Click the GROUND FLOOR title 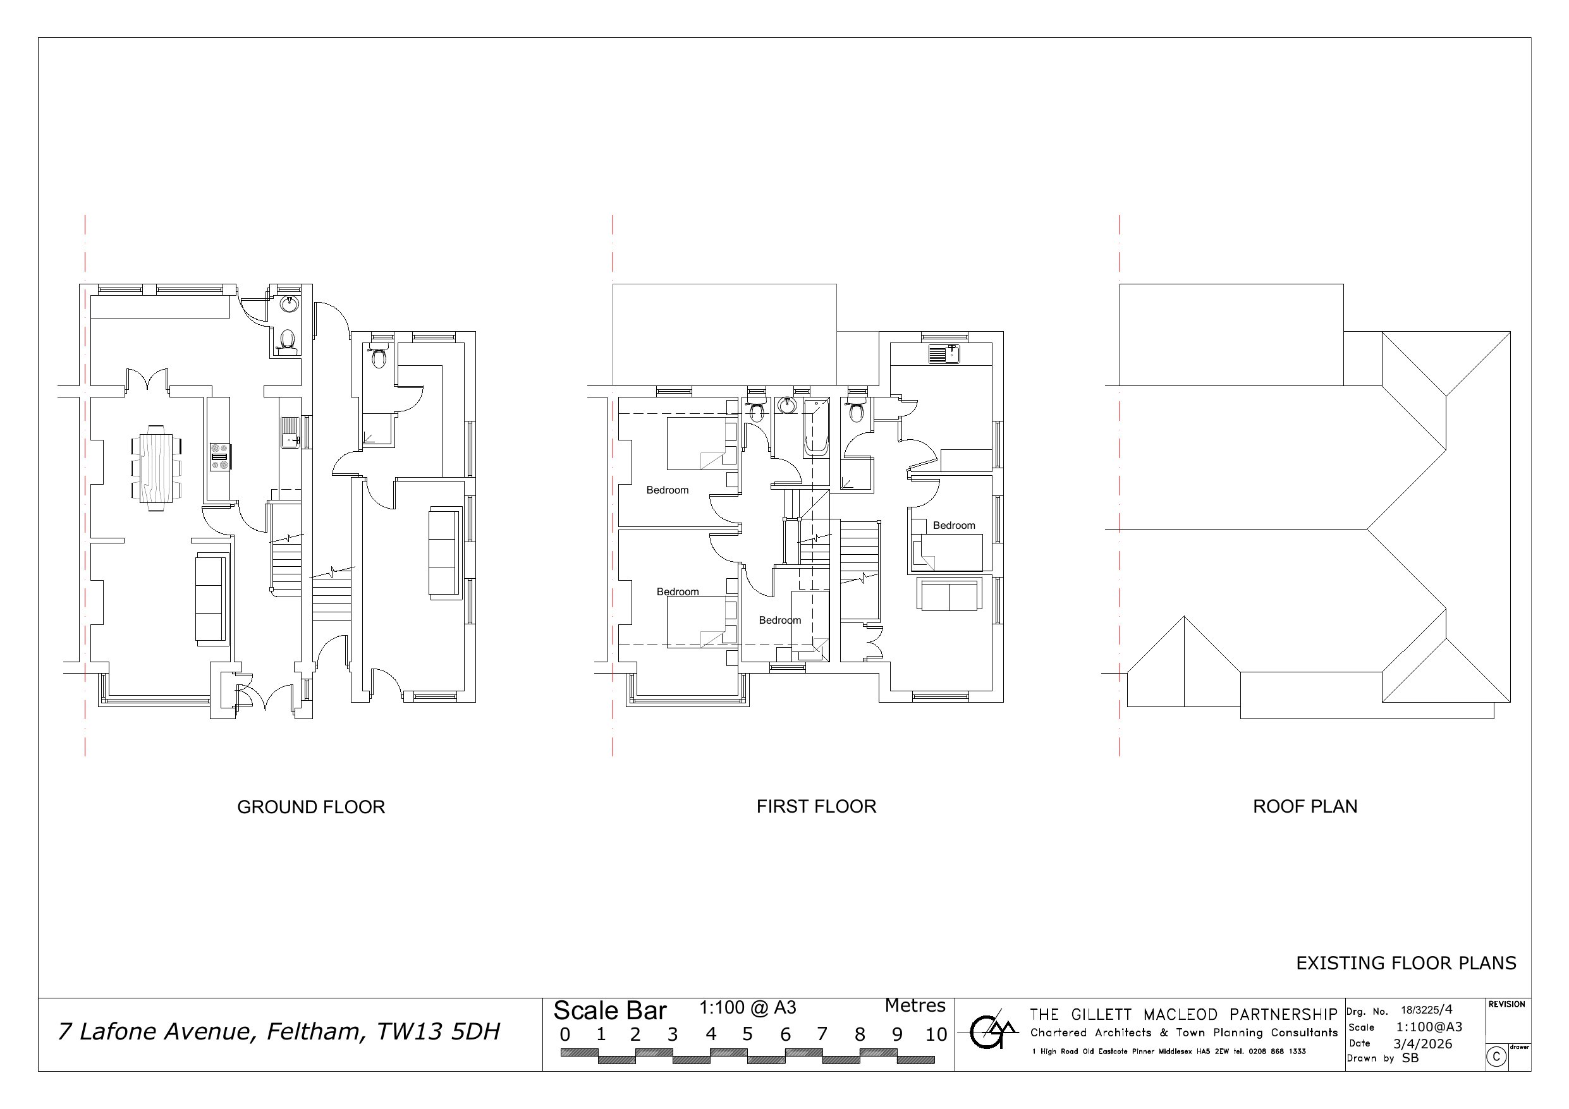311,807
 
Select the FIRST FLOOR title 816,806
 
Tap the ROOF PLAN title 1305,806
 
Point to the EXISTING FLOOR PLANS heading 1406,963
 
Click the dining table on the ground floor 157,468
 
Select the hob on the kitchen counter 220,456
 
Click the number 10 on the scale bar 936,1034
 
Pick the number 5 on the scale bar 747,1034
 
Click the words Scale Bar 609,1010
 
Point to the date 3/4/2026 1423,1044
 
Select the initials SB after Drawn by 1410,1058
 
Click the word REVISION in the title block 1507,1005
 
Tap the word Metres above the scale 915,1006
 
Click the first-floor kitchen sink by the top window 944,353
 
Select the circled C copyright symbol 1496,1057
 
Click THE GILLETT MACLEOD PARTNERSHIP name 1183,1015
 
